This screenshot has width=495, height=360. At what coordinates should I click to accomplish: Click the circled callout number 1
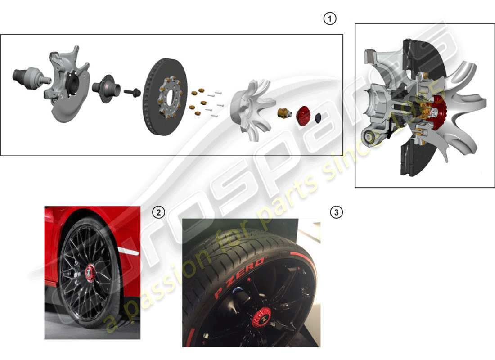click(330, 19)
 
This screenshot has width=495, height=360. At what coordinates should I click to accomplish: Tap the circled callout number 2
click(157, 212)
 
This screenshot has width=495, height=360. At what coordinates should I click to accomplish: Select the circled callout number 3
click(336, 212)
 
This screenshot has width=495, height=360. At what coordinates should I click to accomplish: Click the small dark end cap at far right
click(319, 117)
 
